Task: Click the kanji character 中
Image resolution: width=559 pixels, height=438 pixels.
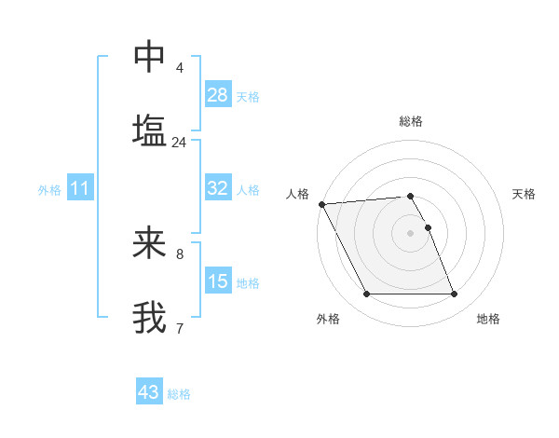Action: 149,57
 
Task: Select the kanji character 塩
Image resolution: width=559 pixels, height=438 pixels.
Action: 149,130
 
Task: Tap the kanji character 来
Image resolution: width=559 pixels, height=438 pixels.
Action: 149,243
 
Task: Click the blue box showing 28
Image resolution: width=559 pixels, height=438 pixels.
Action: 218,95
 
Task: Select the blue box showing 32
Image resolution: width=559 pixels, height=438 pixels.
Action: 218,188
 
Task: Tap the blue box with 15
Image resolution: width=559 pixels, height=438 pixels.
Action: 218,281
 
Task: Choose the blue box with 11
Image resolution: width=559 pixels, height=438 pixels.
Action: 80,188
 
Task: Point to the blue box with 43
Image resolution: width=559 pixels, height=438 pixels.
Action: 149,392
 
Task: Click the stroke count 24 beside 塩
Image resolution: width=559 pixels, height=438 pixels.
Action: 179,143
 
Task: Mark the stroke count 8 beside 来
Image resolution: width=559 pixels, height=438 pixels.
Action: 180,253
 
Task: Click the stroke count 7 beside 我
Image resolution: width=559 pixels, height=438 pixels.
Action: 179,328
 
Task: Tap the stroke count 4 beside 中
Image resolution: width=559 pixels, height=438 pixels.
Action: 180,68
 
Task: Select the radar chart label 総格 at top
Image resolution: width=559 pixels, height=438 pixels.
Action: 411,122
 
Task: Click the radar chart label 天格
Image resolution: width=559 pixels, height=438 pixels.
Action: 525,194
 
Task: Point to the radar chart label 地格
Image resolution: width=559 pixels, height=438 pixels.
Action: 488,320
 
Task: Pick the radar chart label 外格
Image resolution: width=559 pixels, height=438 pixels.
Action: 328,320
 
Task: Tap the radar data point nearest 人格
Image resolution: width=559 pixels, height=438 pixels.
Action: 322,204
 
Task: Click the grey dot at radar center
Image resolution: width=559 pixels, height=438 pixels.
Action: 411,232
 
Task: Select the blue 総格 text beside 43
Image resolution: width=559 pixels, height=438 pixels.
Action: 180,394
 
